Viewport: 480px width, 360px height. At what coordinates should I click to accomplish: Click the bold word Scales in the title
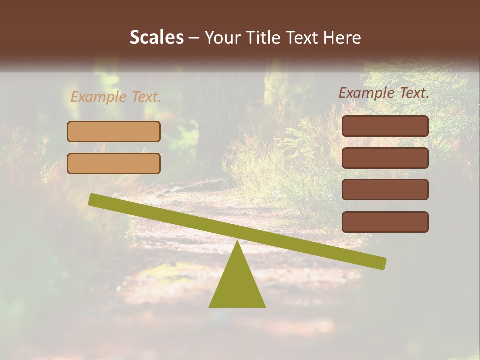pos(156,37)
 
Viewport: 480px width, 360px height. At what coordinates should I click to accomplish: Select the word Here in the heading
pos(342,37)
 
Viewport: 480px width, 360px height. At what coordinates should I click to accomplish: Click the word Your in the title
pos(223,37)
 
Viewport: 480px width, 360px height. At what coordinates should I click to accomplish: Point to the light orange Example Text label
pos(116,97)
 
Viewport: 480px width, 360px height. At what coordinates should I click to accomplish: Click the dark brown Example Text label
pos(384,93)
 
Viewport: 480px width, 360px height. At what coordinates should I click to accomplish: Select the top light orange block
pos(114,131)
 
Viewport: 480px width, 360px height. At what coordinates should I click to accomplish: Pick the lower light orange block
pos(114,163)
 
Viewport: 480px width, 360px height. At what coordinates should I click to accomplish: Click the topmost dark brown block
pos(385,126)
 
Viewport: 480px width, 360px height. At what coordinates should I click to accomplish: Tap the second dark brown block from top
pos(385,158)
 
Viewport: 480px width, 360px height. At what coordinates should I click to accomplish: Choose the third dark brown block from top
pos(385,190)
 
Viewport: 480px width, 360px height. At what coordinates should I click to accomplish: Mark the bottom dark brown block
pos(385,222)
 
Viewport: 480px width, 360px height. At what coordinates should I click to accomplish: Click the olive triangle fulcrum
pos(237,285)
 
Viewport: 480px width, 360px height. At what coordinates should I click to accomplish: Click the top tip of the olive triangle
pos(237,242)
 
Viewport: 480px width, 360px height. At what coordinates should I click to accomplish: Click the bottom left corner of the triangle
pos(210,306)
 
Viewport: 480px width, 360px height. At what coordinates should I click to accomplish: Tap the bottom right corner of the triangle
pos(265,306)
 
